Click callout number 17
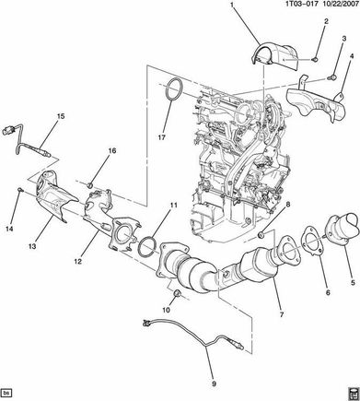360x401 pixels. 161,137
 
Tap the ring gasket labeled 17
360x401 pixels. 167,89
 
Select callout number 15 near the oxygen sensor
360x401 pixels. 61,116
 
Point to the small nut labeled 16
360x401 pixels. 90,185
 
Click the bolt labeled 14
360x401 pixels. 20,191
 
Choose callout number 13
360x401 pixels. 32,246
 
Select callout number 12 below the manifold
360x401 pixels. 77,261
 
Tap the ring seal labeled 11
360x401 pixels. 138,246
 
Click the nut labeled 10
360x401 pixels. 178,294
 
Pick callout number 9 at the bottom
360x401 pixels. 214,383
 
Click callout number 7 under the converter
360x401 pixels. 282,314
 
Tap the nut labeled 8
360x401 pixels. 261,235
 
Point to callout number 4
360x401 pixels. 352,56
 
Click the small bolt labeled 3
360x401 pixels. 331,77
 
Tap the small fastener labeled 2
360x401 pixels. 315,59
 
